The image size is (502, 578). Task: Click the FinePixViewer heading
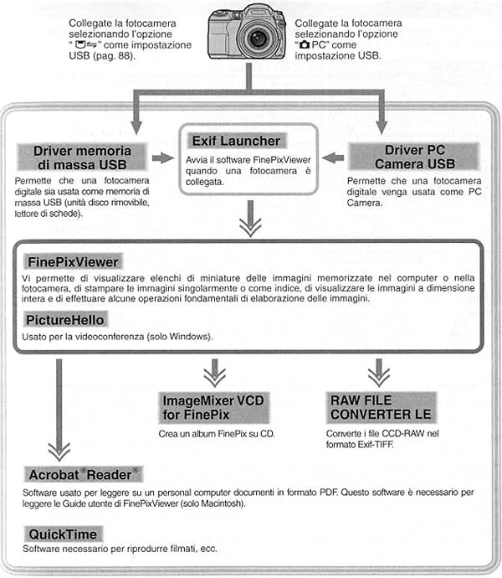[x=73, y=261]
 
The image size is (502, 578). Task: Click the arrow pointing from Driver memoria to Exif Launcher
[x=168, y=157]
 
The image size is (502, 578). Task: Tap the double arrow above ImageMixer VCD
[x=216, y=370]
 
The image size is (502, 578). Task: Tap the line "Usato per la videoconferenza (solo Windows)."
[x=118, y=337]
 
